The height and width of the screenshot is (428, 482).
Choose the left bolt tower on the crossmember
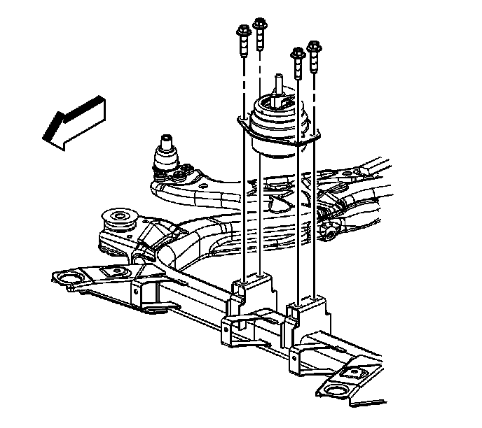coord(250,294)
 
